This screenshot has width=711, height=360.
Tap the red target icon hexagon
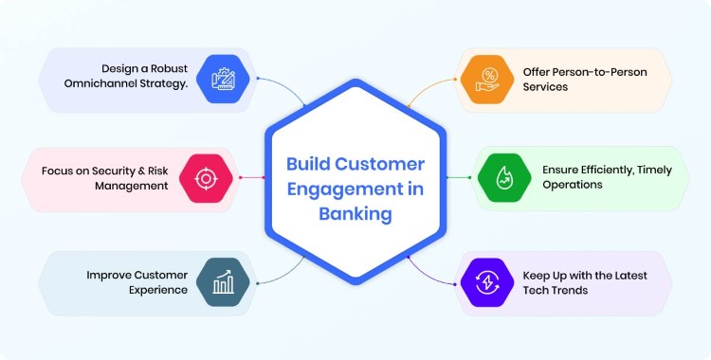pos(206,178)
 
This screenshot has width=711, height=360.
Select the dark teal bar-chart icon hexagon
pos(224,281)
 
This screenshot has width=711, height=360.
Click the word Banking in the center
pos(355,214)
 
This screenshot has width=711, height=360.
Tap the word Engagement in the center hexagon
pos(335,189)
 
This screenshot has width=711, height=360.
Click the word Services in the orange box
pos(545,86)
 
